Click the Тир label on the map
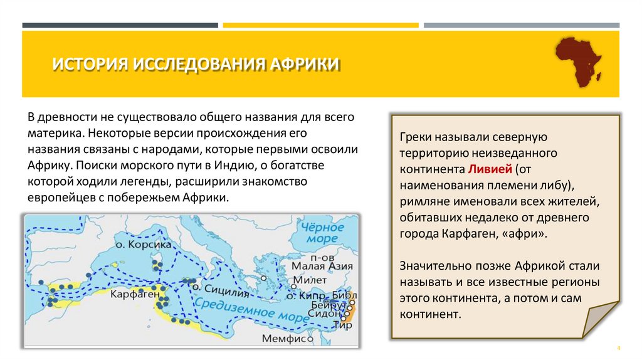click(342, 326)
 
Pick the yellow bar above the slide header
click(320, 25)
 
